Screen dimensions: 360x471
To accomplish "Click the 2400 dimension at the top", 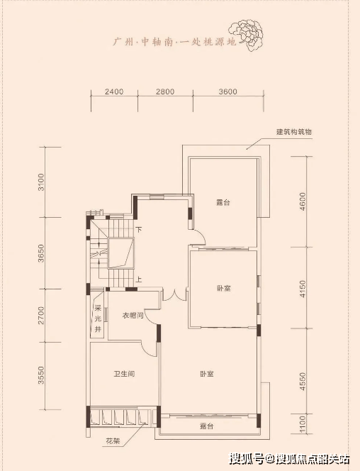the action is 114,92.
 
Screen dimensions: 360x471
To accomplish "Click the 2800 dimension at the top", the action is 165,92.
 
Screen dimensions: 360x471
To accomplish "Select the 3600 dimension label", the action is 228,92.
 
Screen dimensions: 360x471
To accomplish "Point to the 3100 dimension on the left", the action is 41,182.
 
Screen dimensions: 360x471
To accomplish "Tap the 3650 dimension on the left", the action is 41,253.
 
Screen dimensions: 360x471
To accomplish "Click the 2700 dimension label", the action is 41,316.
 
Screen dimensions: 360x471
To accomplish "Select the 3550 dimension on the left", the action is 41,375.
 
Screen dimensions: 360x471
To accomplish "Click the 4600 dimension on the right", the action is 303,201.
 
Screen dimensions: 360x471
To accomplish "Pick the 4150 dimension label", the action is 303,289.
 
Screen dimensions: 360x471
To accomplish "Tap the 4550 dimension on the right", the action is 303,382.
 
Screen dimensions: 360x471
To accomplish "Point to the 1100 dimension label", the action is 303,424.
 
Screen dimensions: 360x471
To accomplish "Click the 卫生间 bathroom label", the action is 124,374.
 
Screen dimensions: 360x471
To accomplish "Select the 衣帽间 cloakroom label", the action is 133,316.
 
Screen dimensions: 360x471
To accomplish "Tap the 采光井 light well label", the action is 98,318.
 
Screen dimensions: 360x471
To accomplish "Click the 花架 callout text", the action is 113,441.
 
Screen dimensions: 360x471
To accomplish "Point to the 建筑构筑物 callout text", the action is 294,131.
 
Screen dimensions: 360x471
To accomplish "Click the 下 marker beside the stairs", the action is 139,230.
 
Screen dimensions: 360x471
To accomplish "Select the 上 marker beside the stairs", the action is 139,279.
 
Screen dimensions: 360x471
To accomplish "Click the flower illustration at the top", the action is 246,35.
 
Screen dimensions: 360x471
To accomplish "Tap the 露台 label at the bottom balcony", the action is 207,426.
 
